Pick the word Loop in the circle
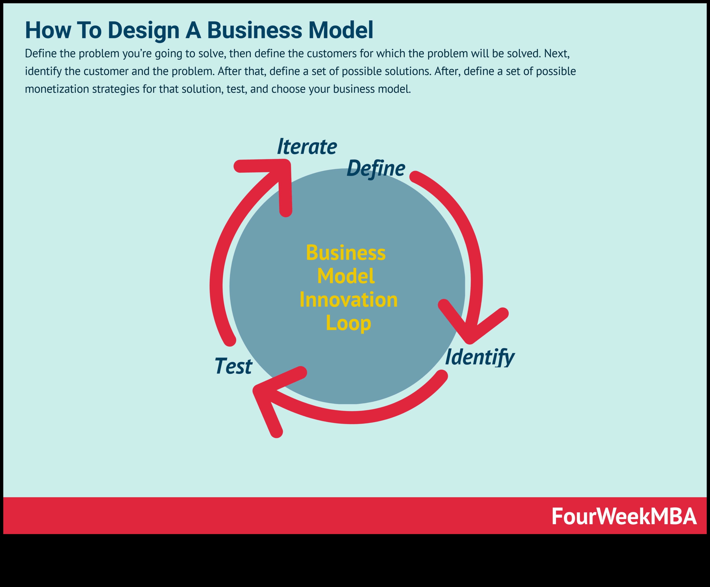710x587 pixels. pos(348,323)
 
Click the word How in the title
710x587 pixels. pos(48,30)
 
